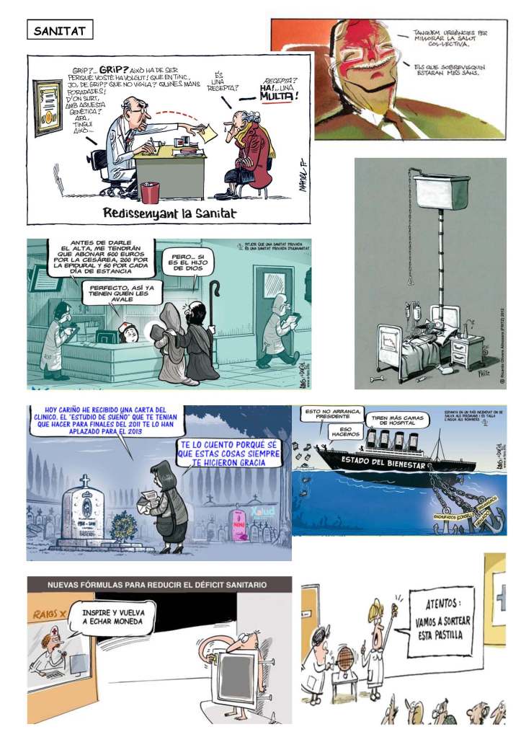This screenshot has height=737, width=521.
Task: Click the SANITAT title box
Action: (x=60, y=31)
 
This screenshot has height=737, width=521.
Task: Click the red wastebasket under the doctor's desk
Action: (x=150, y=193)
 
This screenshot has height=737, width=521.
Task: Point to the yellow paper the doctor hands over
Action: (x=208, y=133)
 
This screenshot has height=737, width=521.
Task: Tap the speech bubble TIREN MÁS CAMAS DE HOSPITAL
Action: (x=397, y=422)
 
